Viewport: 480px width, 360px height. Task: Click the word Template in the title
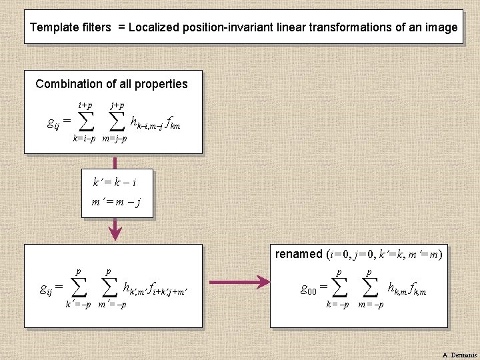(x=55, y=28)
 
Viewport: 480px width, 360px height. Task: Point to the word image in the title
(x=442, y=28)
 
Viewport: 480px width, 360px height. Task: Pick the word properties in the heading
(x=161, y=84)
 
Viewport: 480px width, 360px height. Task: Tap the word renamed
(x=299, y=254)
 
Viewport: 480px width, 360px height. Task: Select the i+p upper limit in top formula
(x=85, y=106)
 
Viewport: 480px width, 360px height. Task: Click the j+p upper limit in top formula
(x=117, y=106)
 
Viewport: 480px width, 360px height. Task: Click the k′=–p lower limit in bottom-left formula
(x=77, y=305)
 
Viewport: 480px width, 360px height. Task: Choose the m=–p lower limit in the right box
(x=371, y=305)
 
